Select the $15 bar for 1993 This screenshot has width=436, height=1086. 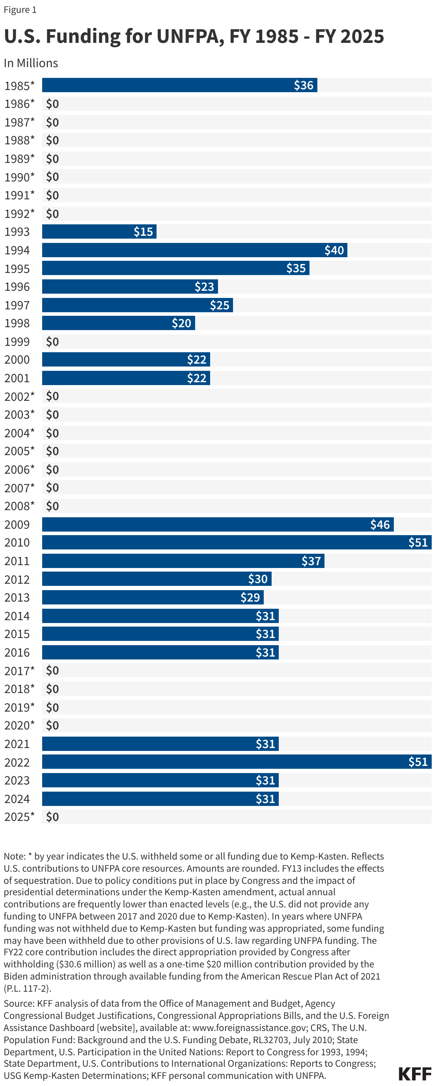click(99, 231)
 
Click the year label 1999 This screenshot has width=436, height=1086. click(17, 342)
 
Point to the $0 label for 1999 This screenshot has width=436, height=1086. click(52, 342)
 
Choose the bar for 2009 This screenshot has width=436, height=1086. click(217, 524)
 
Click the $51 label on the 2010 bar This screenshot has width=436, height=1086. click(417, 543)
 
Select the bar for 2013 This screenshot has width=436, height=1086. click(153, 597)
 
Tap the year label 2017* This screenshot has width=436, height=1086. click(19, 671)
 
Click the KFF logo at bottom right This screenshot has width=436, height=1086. click(415, 1074)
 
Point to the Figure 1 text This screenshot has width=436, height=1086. click(20, 10)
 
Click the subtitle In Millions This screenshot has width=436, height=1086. click(31, 63)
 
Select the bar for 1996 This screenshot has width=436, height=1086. click(129, 287)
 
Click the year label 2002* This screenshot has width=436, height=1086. click(19, 396)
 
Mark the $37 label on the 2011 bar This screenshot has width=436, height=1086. click(311, 561)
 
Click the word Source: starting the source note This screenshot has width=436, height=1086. click(19, 1003)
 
